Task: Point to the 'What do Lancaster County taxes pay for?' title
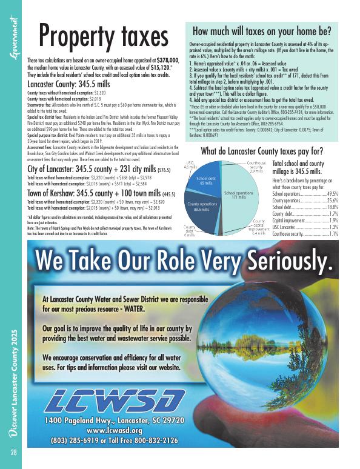click(261, 151)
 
